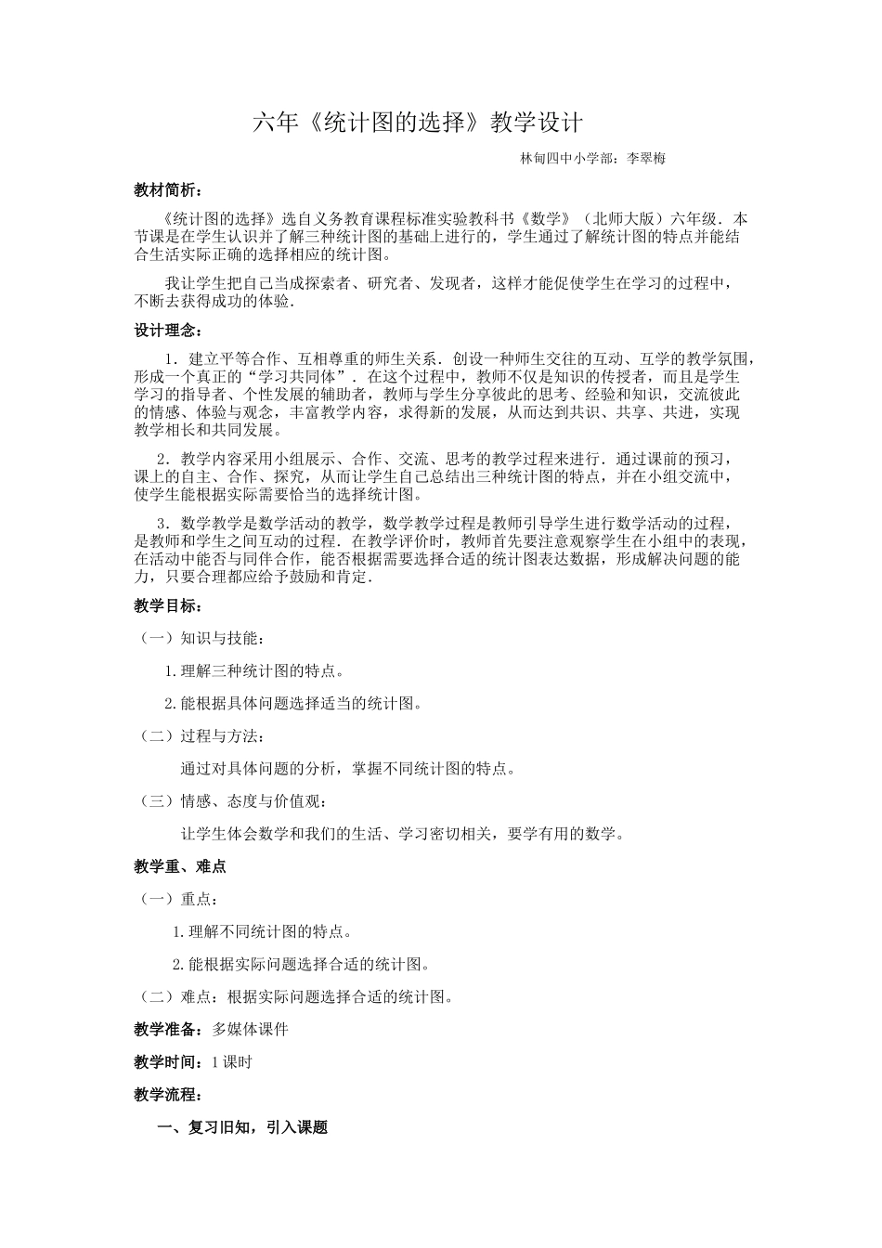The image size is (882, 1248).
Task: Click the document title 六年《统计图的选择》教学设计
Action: coord(418,123)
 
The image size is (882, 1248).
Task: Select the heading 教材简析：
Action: coord(166,190)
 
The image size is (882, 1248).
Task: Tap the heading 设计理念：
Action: coord(166,331)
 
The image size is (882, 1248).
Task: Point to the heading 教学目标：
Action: coord(166,605)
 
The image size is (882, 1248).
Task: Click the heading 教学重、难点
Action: coord(180,866)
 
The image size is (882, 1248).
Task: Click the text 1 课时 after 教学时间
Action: coord(232,1062)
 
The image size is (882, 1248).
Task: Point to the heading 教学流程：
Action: coord(166,1095)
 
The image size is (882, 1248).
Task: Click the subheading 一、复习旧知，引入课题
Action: coord(243,1128)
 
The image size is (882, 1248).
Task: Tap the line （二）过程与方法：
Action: coord(201,736)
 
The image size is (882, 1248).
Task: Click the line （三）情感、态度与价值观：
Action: coord(232,801)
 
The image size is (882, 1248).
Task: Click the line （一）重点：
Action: coord(178,899)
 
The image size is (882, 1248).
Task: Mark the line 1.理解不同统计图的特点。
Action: coord(264,931)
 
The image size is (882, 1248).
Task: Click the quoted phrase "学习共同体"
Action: coord(303,377)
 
